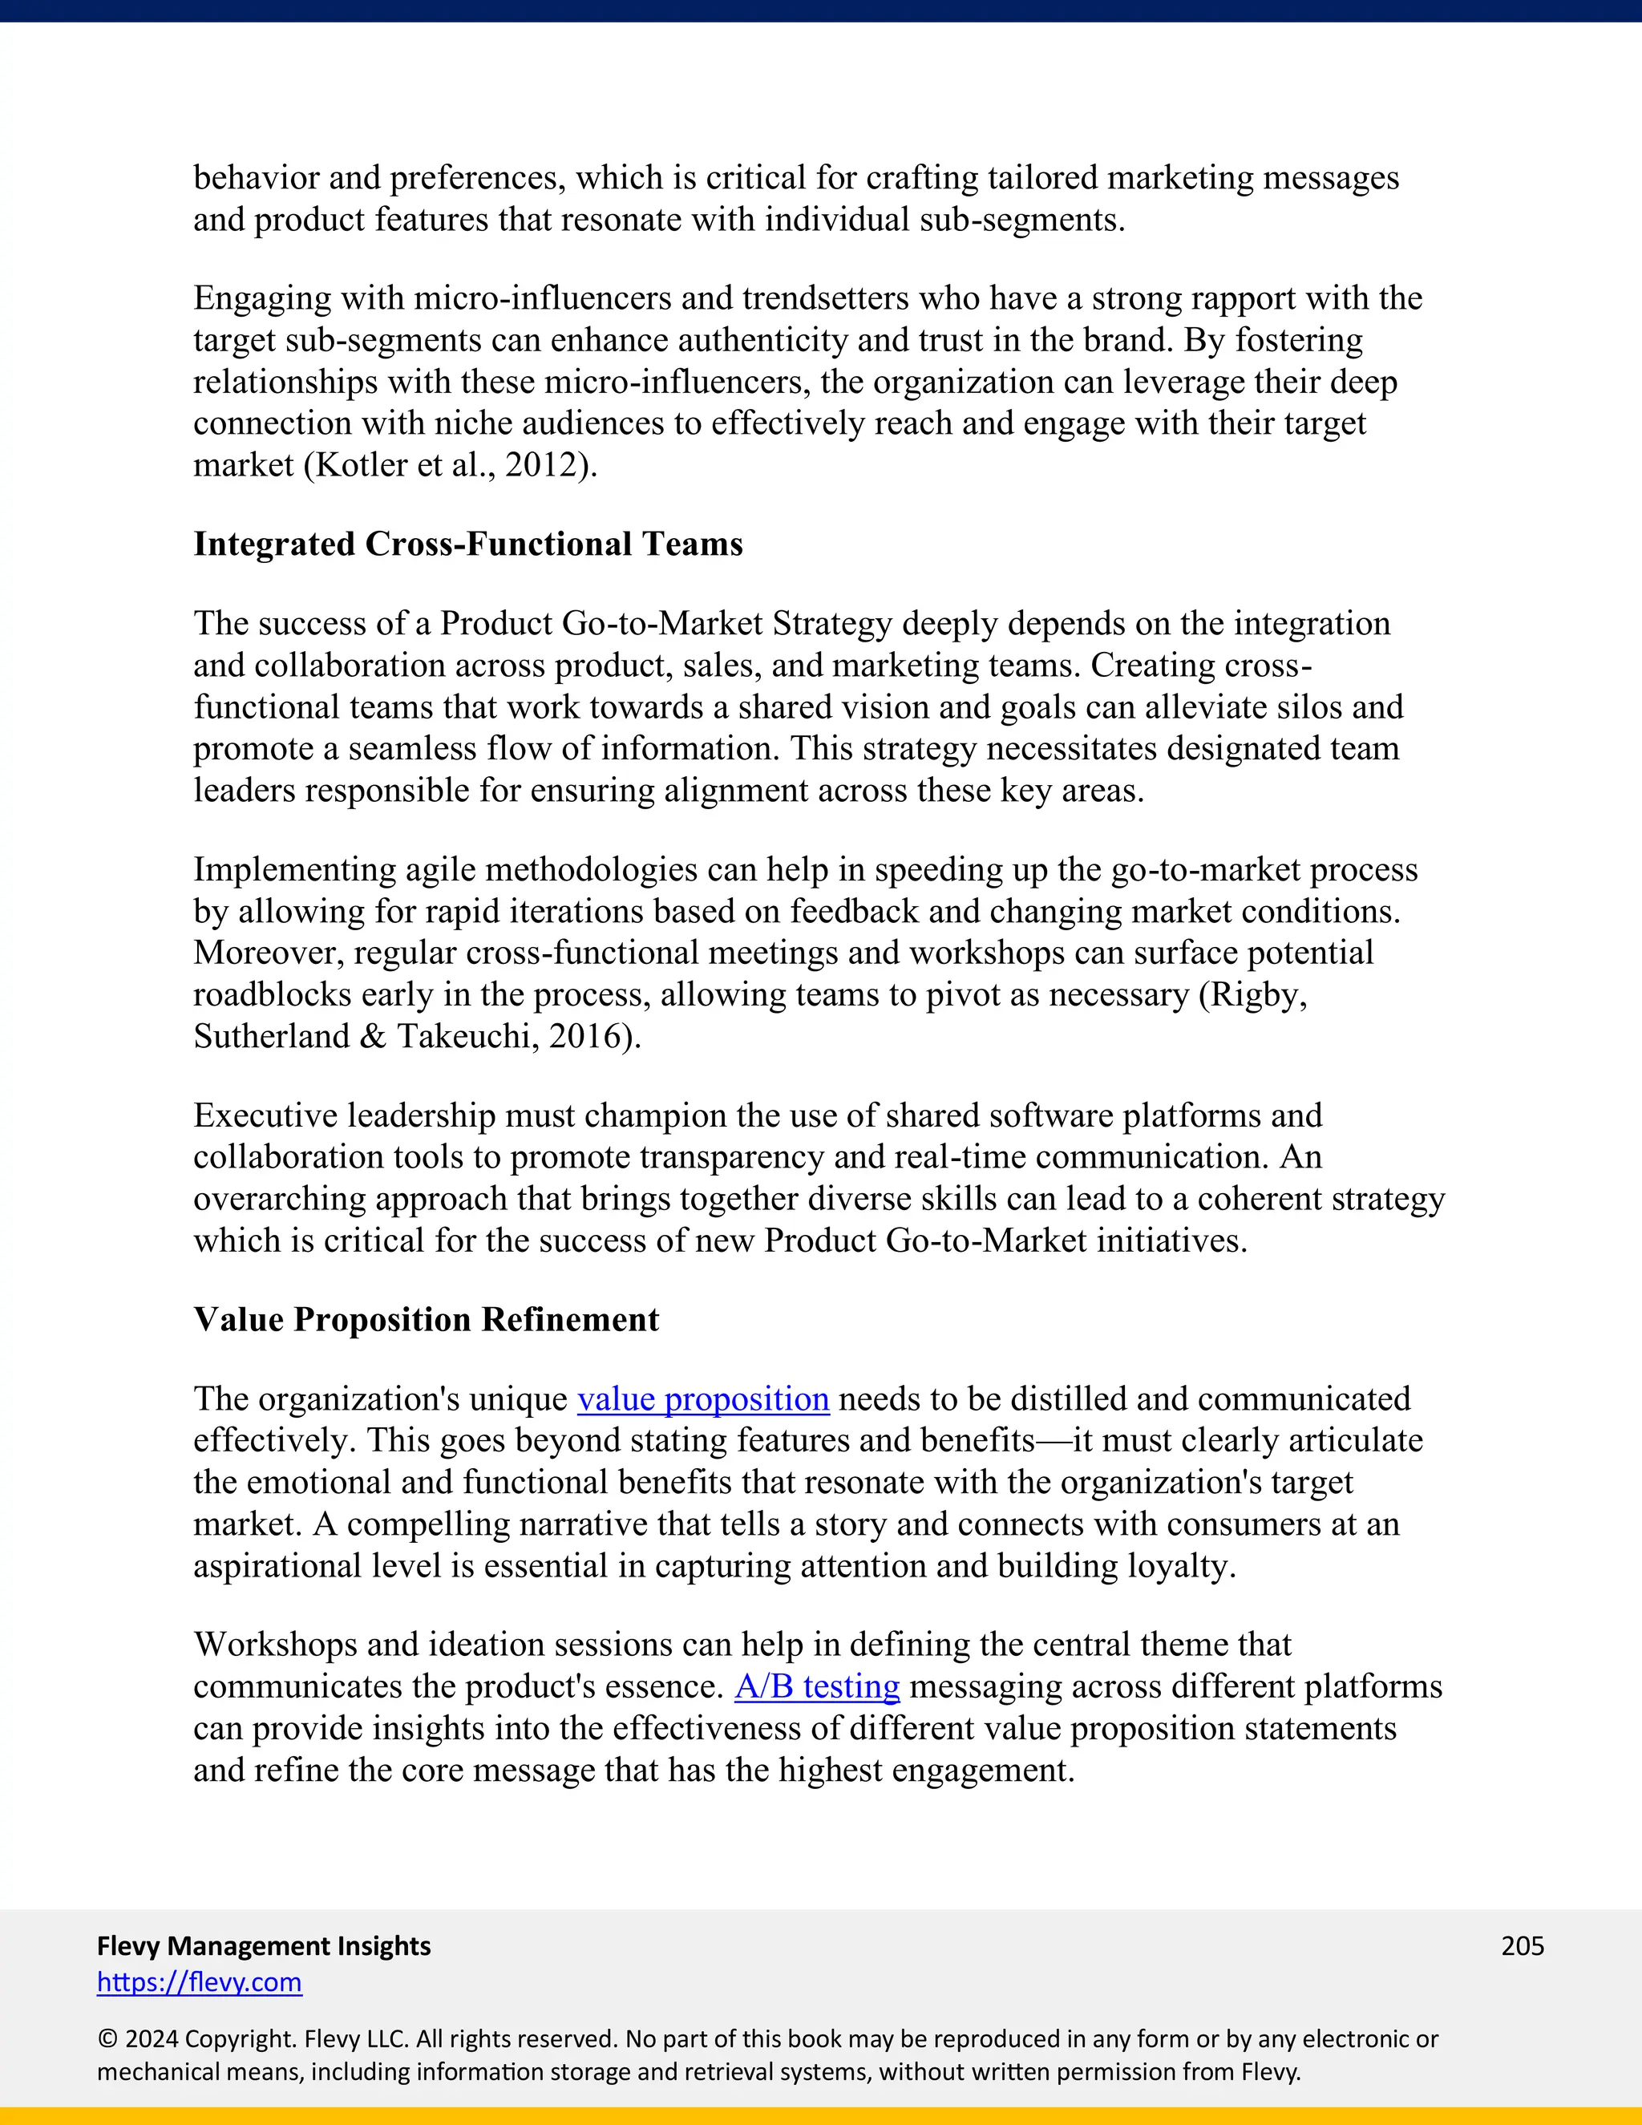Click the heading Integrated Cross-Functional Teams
point(468,544)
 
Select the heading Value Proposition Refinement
point(426,1319)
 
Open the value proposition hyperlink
point(703,1399)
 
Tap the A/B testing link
point(817,1686)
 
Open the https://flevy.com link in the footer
point(200,1982)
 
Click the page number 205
point(1523,1945)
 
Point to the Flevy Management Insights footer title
point(264,1945)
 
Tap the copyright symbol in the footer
point(107,2038)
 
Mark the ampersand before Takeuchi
point(373,1036)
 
